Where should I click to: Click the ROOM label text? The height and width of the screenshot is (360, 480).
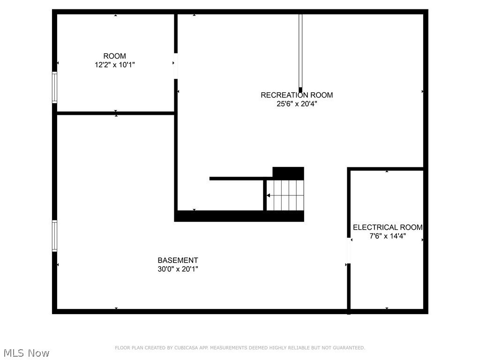click(115, 56)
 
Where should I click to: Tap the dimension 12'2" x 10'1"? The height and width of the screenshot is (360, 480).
click(115, 65)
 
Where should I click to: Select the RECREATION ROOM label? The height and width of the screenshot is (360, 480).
click(297, 95)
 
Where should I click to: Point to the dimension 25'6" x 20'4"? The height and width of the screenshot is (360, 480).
click(297, 104)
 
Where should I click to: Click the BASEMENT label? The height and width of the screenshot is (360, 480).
click(178, 260)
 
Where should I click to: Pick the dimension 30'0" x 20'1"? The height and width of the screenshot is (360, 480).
click(178, 269)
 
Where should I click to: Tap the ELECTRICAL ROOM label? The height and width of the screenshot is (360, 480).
click(387, 227)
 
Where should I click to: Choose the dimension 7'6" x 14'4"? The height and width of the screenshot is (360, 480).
click(387, 236)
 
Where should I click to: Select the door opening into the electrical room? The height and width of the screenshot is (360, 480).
click(349, 251)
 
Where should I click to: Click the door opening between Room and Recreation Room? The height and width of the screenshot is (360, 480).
click(176, 66)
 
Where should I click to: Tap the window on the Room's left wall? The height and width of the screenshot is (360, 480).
click(55, 87)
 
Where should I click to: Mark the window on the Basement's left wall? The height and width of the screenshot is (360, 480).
click(55, 236)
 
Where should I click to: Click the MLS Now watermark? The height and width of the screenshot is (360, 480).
click(25, 352)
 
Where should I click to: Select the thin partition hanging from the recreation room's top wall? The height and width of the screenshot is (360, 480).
click(300, 52)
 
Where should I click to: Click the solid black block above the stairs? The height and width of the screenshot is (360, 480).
click(288, 173)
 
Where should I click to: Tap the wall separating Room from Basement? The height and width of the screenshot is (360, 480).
click(116, 113)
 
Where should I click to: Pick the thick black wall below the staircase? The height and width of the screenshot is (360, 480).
click(239, 216)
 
